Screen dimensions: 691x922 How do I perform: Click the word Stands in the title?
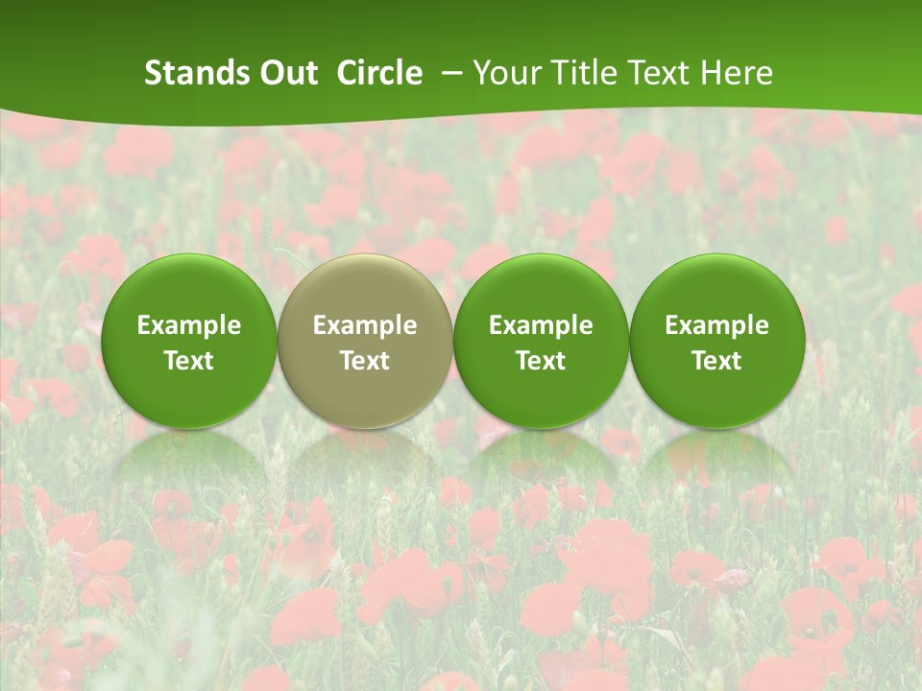pyautogui.click(x=187, y=73)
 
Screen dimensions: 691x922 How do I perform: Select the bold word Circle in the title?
pyautogui.click(x=379, y=73)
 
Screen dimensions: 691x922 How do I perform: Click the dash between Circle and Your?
pyautogui.click(x=449, y=73)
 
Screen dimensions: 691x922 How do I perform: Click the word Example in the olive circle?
pyautogui.click(x=365, y=325)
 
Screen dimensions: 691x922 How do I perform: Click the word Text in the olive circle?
pyautogui.click(x=365, y=361)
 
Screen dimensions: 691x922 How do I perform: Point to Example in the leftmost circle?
pyautogui.click(x=189, y=325)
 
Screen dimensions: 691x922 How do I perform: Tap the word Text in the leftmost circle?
pyautogui.click(x=189, y=361)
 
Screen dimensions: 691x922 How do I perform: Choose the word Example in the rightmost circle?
pyautogui.click(x=716, y=325)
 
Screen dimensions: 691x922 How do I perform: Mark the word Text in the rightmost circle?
pyautogui.click(x=716, y=361)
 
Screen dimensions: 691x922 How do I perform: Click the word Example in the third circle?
pyautogui.click(x=541, y=325)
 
